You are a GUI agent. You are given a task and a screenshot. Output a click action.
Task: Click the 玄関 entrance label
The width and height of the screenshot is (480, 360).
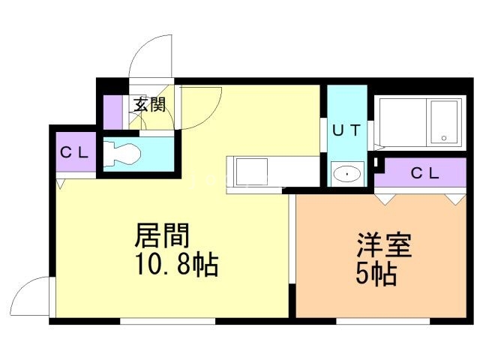tap(149, 104)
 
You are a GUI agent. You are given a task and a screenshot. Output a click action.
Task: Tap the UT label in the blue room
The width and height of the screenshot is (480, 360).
tap(347, 129)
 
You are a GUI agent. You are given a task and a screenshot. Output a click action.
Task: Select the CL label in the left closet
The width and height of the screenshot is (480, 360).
tap(74, 152)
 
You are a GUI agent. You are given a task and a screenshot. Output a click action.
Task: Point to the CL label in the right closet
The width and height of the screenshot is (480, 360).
tap(424, 173)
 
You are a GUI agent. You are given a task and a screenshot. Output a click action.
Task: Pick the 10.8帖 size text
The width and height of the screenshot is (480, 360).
tap(170, 264)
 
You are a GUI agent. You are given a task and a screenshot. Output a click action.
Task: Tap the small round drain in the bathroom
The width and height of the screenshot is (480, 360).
tap(443, 138)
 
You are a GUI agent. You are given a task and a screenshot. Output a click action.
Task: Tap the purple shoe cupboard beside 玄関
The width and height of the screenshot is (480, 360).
tap(112, 111)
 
